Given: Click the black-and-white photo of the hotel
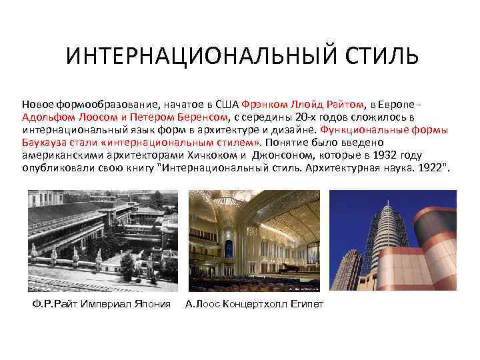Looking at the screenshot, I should coord(103,241).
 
